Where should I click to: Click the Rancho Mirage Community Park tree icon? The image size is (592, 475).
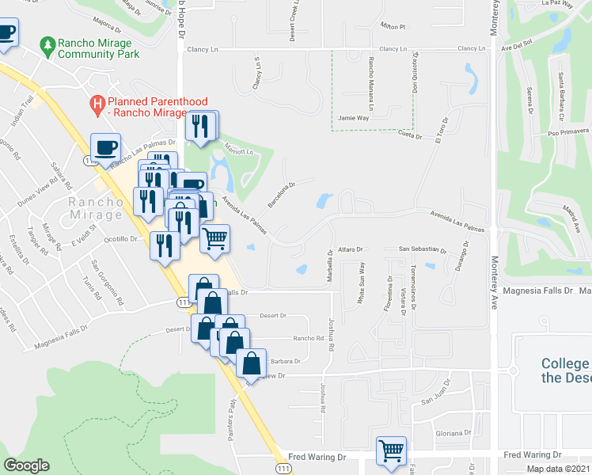[x=48, y=46]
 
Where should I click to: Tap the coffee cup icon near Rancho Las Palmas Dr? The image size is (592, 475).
[x=104, y=147]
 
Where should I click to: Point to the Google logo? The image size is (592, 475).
[x=26, y=465]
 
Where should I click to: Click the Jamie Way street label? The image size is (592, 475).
[x=353, y=117]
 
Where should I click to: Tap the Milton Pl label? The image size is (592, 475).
[x=392, y=26]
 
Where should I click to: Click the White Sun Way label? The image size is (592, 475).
[x=362, y=283]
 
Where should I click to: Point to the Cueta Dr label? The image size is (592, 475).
[x=407, y=135]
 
